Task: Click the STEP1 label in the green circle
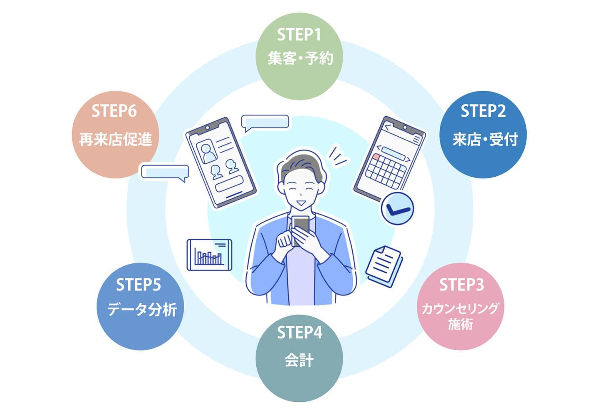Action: pos(299,35)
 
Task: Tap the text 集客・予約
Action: pos(300,58)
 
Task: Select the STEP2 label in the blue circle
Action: pos(483,111)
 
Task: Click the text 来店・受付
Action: pos(485,140)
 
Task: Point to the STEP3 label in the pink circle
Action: pos(461,285)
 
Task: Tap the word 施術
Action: pos(460,324)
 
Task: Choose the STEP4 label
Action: pos(299,333)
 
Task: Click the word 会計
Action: pos(299,360)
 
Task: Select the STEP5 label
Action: pos(138,285)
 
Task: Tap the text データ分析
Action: pos(141,309)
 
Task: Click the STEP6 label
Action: pos(114,111)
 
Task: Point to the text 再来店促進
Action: pos(116,140)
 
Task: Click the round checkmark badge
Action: pos(397,208)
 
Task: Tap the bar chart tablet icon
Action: pos(209,255)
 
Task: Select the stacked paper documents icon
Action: pos(384,265)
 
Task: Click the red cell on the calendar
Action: pos(376,157)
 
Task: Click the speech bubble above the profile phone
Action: pos(265,122)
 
